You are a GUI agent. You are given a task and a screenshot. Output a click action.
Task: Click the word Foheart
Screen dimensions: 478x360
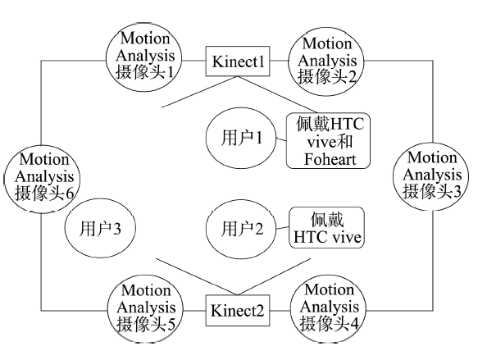point(330,159)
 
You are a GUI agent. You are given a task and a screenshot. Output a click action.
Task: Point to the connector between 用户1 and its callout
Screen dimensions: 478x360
point(281,139)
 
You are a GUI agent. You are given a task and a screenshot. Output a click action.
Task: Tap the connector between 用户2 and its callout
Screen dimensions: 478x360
point(282,228)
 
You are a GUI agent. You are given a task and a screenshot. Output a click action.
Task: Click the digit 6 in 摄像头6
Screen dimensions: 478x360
point(69,194)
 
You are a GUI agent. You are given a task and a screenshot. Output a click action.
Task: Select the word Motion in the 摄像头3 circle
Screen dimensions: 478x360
point(432,157)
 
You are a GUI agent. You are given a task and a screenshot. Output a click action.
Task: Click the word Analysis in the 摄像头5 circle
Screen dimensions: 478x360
point(146,308)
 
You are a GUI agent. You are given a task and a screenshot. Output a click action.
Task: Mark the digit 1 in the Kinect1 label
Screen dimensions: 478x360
point(261,62)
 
